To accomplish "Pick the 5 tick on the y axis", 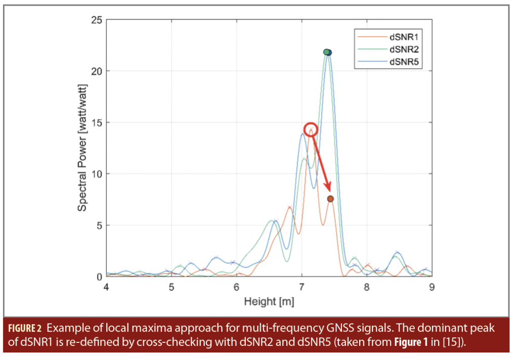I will (x=99, y=226).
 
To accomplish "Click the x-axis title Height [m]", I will (x=269, y=302).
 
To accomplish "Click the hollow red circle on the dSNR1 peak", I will (x=311, y=129).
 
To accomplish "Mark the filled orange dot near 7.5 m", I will (x=330, y=199).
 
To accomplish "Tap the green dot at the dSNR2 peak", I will (x=326, y=52).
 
